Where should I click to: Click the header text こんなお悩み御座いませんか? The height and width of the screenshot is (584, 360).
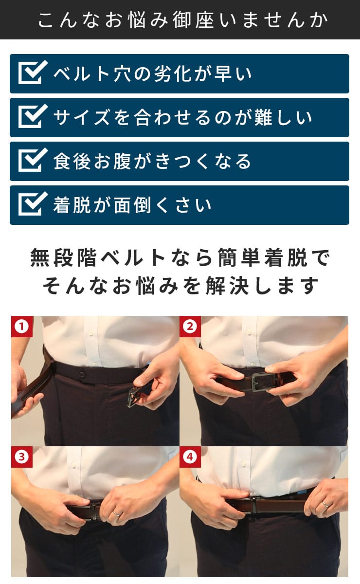[x=183, y=20]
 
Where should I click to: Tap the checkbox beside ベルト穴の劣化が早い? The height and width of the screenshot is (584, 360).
[x=33, y=73]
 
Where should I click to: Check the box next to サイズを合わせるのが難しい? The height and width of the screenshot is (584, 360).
[x=33, y=116]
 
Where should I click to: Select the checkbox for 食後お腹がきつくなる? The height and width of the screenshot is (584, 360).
[x=33, y=160]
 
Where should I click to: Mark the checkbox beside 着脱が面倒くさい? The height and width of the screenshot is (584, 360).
[x=33, y=204]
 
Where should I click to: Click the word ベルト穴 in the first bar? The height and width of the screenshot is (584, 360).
[x=92, y=73]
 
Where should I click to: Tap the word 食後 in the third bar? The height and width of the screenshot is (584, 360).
[x=72, y=161]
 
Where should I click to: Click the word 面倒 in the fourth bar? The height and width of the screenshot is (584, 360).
[x=132, y=205]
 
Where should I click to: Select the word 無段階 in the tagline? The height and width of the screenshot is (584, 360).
[x=63, y=258]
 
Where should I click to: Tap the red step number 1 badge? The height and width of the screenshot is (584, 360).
[x=22, y=327]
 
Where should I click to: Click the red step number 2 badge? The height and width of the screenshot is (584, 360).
[x=190, y=327]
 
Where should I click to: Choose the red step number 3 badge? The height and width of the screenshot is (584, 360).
[x=22, y=457]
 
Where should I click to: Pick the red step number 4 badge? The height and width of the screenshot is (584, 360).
[x=190, y=457]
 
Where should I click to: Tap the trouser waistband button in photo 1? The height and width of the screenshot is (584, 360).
[x=82, y=375]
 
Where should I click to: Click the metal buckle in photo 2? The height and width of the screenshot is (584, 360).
[x=261, y=382]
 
